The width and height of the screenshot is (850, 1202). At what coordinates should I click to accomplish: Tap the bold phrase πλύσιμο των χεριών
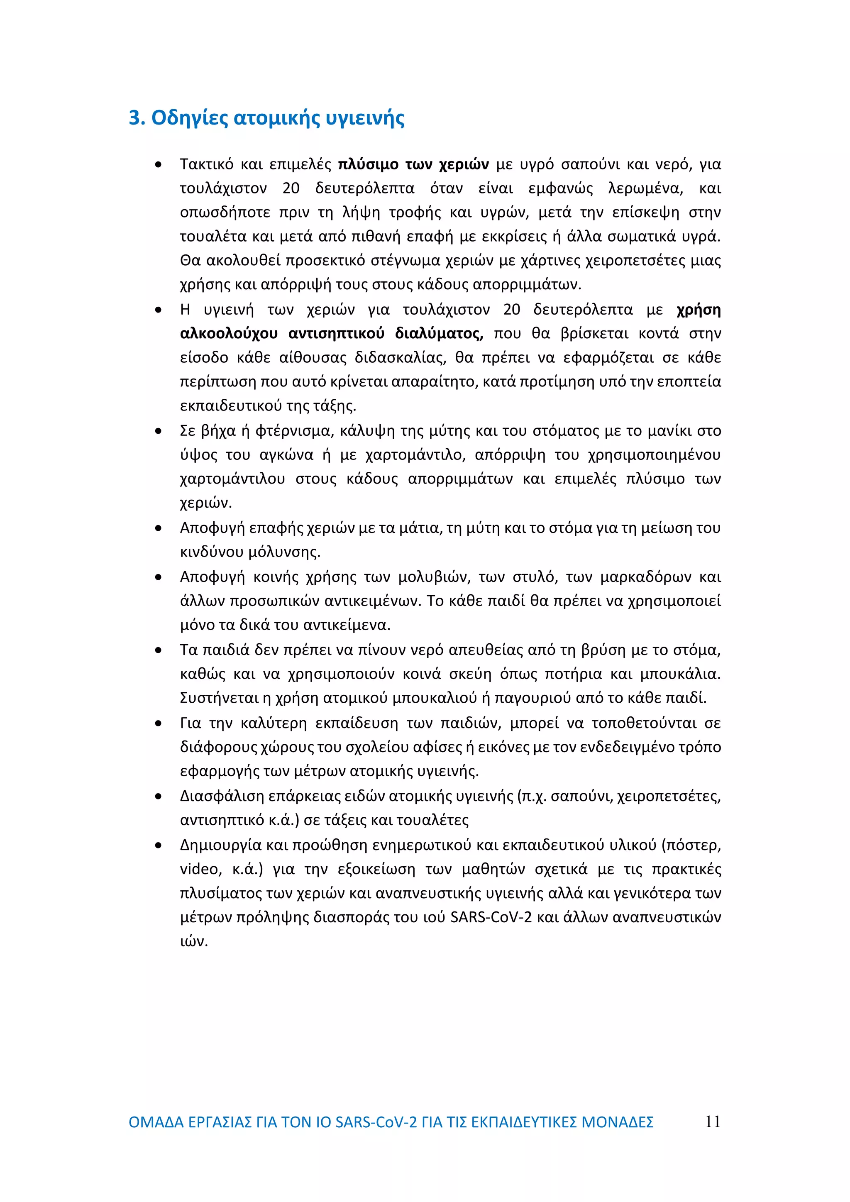[x=413, y=164]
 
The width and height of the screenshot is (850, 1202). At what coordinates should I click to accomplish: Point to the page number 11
[x=712, y=1121]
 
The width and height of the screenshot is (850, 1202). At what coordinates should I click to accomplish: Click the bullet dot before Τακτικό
[x=158, y=165]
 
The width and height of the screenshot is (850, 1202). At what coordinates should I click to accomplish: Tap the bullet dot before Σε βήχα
[x=158, y=431]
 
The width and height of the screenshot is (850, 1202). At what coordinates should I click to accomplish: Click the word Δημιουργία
[x=220, y=845]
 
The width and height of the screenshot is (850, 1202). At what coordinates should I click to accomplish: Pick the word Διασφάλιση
[x=221, y=796]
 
